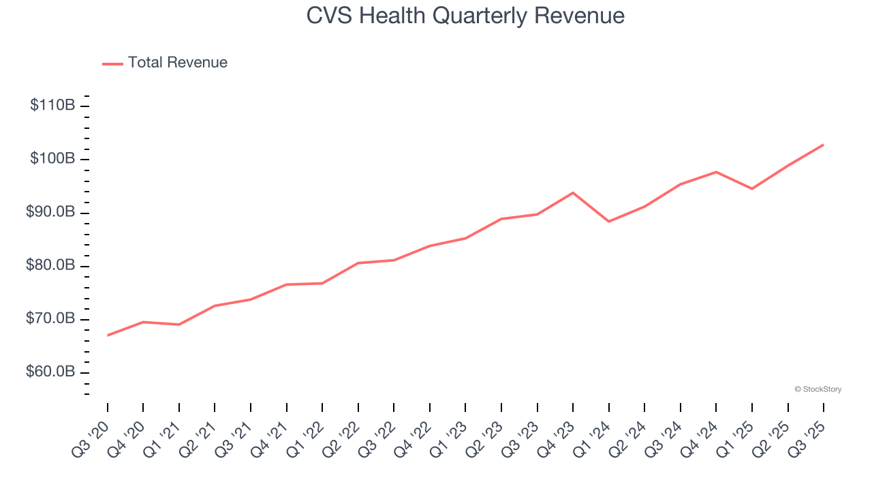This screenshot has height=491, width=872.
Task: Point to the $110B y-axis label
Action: (x=52, y=106)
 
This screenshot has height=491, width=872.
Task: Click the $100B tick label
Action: (x=52, y=159)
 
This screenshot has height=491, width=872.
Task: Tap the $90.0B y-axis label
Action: (x=50, y=212)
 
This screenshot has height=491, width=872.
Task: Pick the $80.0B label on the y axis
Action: (x=50, y=265)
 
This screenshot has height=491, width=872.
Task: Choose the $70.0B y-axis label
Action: (x=50, y=318)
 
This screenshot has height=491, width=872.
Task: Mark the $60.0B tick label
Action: (x=50, y=372)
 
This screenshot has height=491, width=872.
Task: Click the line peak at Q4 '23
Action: (x=573, y=193)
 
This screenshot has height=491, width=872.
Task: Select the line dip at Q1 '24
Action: (x=608, y=222)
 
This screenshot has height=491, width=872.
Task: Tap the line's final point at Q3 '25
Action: (x=823, y=145)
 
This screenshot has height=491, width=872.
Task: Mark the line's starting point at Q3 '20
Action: (x=108, y=335)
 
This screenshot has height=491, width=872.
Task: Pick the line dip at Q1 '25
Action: (x=752, y=189)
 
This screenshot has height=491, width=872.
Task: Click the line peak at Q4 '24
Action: (x=716, y=172)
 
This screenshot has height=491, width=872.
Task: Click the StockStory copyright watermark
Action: (x=817, y=389)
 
